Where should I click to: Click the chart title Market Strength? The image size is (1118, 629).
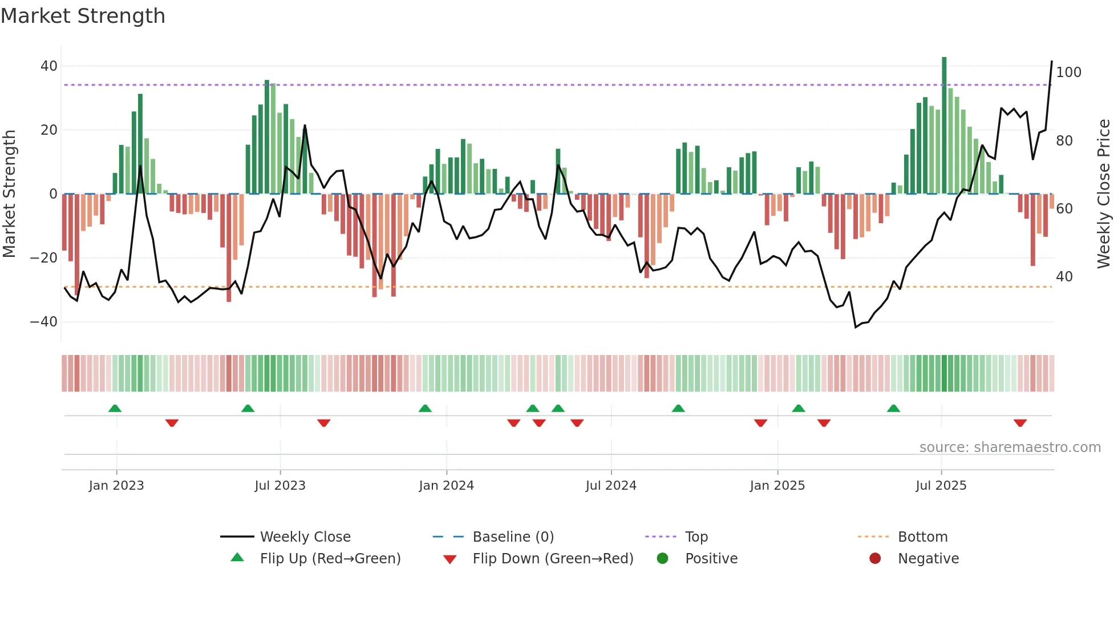pyautogui.click(x=83, y=16)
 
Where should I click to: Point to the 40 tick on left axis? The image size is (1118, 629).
pyautogui.click(x=49, y=66)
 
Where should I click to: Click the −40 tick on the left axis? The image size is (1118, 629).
pyautogui.click(x=44, y=322)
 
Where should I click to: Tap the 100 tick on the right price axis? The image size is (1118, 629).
pyautogui.click(x=1068, y=72)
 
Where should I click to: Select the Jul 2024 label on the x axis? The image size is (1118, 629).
pyautogui.click(x=611, y=486)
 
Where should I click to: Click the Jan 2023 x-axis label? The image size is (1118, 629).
pyautogui.click(x=116, y=486)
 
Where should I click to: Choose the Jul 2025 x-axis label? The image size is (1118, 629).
pyautogui.click(x=941, y=486)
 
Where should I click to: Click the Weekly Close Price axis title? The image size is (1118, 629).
pyautogui.click(x=1104, y=194)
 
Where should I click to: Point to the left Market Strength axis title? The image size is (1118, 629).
pyautogui.click(x=10, y=194)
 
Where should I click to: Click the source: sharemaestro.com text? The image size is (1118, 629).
pyautogui.click(x=1010, y=447)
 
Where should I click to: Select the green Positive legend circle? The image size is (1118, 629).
pyautogui.click(x=662, y=558)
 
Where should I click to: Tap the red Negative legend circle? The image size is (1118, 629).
pyautogui.click(x=875, y=558)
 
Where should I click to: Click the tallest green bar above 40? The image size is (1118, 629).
pyautogui.click(x=944, y=126)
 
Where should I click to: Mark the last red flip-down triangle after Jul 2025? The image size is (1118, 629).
pyautogui.click(x=1020, y=423)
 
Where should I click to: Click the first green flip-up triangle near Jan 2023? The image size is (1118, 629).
pyautogui.click(x=115, y=408)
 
